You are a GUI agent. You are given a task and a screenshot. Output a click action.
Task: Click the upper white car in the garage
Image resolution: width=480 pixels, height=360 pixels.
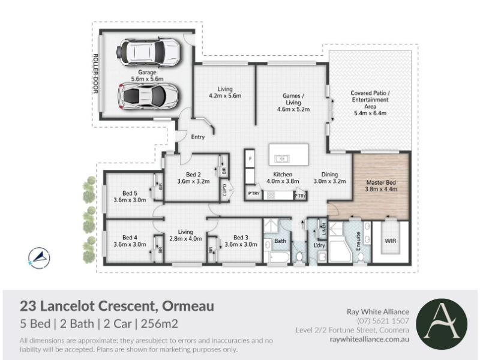click(148, 52)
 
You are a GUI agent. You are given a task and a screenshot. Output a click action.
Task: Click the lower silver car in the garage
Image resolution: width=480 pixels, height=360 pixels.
click(148, 96)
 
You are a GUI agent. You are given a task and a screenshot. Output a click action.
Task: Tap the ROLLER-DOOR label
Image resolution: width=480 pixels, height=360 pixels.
click(95, 74)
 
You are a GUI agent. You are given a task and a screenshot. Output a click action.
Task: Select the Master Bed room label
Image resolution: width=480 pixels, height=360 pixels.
click(381, 182)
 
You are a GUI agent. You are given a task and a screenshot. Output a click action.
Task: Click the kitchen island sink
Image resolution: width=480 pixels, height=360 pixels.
click(281, 158)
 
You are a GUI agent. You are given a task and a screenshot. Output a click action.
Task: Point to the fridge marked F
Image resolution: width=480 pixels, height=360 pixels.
click(250, 158)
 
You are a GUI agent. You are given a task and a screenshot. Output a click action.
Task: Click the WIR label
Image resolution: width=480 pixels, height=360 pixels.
click(391, 241)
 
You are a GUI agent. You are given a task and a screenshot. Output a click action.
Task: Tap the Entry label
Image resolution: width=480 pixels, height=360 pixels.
click(198, 137)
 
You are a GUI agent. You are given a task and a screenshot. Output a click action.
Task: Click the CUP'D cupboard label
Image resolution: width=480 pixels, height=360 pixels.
click(224, 190)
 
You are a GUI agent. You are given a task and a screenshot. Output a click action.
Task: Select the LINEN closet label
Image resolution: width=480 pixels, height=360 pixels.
click(323, 229)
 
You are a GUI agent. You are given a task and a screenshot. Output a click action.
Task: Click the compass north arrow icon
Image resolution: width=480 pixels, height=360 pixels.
click(39, 258)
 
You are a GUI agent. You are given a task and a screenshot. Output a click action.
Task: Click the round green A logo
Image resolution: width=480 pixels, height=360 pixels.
click(442, 324)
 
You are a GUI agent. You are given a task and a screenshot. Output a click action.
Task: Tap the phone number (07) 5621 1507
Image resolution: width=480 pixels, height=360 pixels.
click(383, 321)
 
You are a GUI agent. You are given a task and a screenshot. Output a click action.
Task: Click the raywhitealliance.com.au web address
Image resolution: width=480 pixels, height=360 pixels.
click(369, 339)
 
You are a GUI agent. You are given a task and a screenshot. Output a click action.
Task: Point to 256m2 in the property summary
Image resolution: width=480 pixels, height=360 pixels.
click(159, 323)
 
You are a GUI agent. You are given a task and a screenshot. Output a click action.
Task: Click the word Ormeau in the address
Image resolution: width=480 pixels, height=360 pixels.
click(188, 306)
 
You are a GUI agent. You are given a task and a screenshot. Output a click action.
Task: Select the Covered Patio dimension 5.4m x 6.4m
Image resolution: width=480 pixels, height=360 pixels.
click(370, 113)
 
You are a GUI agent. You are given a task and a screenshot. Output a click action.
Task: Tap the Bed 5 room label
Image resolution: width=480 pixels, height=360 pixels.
click(130, 193)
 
